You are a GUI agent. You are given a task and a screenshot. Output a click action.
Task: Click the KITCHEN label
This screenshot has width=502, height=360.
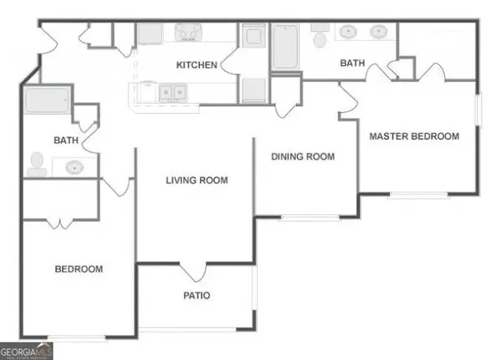tap(197, 65)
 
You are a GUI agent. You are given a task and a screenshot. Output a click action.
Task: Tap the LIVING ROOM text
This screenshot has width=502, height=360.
tap(197, 180)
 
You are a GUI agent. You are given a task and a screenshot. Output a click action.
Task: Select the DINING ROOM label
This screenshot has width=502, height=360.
tap(302, 157)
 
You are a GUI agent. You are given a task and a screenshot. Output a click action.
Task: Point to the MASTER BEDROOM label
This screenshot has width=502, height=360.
tap(414, 136)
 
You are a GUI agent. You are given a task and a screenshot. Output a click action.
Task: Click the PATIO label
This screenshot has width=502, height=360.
tap(197, 296)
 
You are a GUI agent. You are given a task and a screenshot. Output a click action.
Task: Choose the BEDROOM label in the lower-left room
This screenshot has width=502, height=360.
tap(79, 270)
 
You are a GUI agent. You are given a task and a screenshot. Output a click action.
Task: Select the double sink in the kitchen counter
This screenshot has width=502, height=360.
tap(173, 92)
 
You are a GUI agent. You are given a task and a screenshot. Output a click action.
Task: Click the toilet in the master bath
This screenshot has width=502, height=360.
tap(319, 39)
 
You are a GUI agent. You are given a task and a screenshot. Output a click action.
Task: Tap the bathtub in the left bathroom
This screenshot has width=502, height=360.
tap(47, 101)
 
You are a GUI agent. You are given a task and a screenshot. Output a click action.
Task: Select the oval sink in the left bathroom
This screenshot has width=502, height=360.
tap(74, 166)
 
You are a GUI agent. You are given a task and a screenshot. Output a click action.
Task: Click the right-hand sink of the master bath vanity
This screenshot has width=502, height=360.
tap(378, 33)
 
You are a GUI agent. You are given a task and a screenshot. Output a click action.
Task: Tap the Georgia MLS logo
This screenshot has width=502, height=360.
tap(27, 351)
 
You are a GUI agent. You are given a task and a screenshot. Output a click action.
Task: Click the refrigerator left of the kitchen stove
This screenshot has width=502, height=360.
tap(151, 33)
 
